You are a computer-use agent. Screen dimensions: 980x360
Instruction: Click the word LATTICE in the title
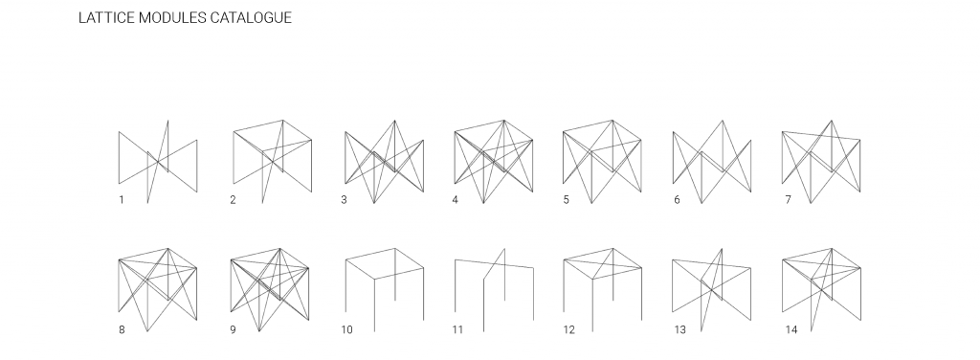tap(106, 17)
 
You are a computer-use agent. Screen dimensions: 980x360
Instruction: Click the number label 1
tap(122, 200)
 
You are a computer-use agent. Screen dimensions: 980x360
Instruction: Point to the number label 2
tap(233, 200)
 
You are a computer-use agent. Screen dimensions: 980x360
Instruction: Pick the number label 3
tap(344, 200)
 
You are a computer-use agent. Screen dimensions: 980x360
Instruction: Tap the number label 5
tap(567, 200)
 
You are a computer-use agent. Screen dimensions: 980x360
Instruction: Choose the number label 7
tap(789, 200)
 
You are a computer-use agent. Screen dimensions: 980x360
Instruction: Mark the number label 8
tap(122, 329)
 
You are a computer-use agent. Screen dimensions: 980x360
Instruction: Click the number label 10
tap(346, 329)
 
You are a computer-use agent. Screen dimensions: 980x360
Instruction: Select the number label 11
tap(457, 329)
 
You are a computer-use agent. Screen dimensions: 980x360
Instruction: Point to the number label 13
tap(680, 329)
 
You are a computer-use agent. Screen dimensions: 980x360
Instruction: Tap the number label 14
tap(791, 329)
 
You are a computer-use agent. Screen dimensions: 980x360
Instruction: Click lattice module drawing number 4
tap(494, 161)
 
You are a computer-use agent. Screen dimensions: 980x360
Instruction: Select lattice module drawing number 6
tap(712, 161)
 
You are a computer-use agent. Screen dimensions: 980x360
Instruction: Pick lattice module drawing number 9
tap(270, 289)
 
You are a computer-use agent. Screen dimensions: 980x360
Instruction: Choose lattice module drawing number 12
tap(603, 289)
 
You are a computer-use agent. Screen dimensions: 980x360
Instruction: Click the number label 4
tap(455, 200)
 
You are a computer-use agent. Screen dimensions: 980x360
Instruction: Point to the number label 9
tap(233, 329)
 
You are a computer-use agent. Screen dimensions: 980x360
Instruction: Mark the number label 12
tap(568, 329)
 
